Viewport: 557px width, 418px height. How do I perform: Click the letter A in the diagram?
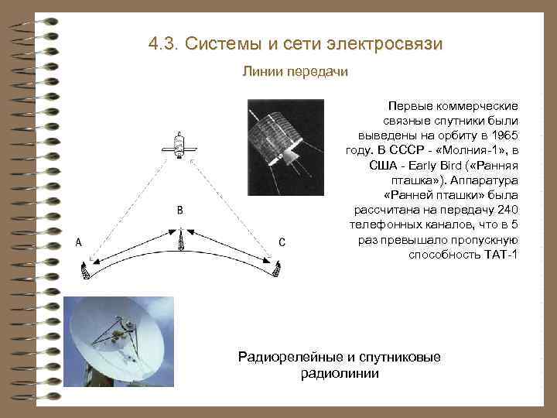coord(78,242)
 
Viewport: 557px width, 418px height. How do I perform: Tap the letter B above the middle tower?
coord(179,210)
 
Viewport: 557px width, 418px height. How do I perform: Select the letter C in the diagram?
coord(282,242)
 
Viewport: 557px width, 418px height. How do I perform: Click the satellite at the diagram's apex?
coord(179,147)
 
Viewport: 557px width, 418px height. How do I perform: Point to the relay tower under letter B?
coord(179,240)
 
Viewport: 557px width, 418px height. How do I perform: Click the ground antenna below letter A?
coord(86,270)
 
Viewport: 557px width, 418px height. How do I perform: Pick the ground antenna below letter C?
coord(276,268)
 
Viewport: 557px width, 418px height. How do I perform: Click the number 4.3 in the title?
coord(162,43)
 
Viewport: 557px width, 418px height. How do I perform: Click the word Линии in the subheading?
coord(261,72)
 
